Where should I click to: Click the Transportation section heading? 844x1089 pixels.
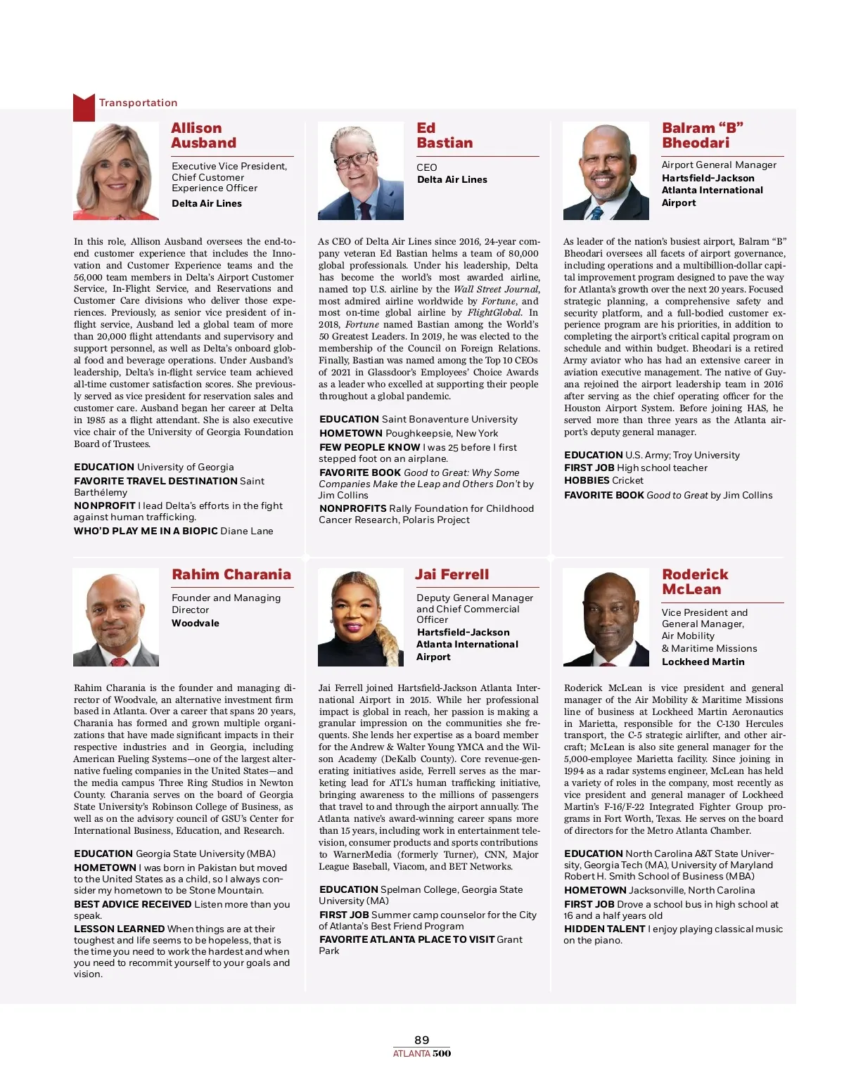click(138, 103)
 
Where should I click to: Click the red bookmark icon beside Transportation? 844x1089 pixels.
click(84, 107)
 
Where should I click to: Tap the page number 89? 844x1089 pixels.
click(422, 1040)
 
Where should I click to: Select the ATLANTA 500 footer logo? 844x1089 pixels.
click(422, 1053)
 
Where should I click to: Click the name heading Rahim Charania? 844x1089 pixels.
click(231, 574)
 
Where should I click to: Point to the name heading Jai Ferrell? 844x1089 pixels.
click(452, 574)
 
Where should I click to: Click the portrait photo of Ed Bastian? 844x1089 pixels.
click(361, 171)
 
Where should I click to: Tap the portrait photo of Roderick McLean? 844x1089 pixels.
click(606, 617)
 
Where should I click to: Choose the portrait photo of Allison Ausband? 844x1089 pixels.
click(116, 171)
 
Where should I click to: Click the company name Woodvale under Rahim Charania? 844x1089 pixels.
click(196, 623)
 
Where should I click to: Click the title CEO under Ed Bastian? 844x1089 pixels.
click(427, 167)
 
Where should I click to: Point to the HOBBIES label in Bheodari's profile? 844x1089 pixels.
click(587, 480)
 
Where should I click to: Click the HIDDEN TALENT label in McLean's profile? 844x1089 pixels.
click(604, 929)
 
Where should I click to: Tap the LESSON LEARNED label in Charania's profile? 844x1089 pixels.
click(119, 929)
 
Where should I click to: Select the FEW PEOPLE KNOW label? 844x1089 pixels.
click(369, 447)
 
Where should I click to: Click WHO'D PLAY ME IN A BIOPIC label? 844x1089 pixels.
click(146, 531)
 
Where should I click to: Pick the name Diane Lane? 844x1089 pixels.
click(247, 531)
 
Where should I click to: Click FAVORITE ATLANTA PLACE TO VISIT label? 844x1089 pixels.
click(407, 939)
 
